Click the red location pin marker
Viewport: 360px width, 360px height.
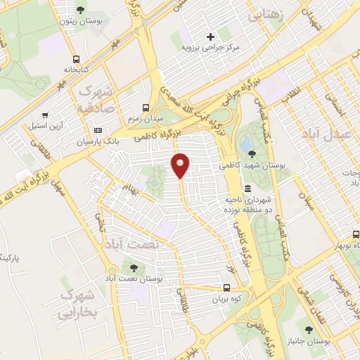pyautogui.click(x=181, y=165)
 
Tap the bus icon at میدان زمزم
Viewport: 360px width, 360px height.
pyautogui.click(x=146, y=108)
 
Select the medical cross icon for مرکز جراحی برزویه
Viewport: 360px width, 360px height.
pyautogui.click(x=210, y=37)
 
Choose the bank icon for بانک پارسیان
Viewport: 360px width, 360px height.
pyautogui.click(x=97, y=130)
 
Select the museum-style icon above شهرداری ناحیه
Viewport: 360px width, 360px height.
pyautogui.click(x=247, y=189)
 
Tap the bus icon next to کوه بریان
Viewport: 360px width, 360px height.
pyautogui.click(x=226, y=288)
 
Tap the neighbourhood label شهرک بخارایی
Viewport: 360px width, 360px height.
pyautogui.click(x=77, y=304)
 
